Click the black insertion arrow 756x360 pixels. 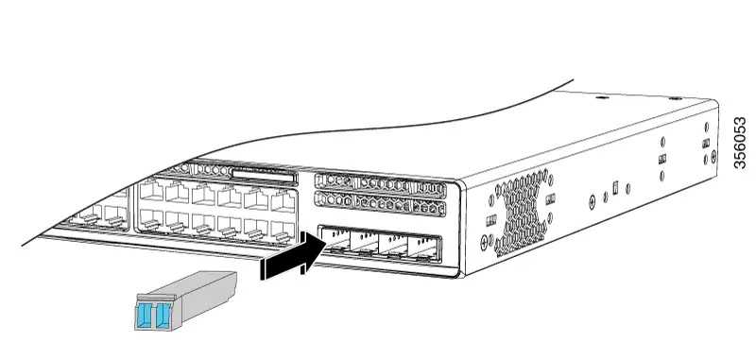pos(293,254)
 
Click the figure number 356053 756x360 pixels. pos(740,143)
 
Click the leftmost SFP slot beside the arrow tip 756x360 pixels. pos(335,240)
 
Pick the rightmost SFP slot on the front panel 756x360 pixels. pos(422,249)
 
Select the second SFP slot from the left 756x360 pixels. pos(364,243)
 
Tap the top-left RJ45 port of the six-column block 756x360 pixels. pos(151,189)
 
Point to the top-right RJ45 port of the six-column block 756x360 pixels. pos(283,200)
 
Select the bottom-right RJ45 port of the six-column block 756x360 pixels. pos(283,230)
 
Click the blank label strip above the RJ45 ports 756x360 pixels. pos(264,176)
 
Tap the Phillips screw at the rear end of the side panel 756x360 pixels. pos(714,156)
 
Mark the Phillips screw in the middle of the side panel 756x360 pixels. pos(593,203)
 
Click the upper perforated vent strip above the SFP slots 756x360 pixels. pos(380,183)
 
